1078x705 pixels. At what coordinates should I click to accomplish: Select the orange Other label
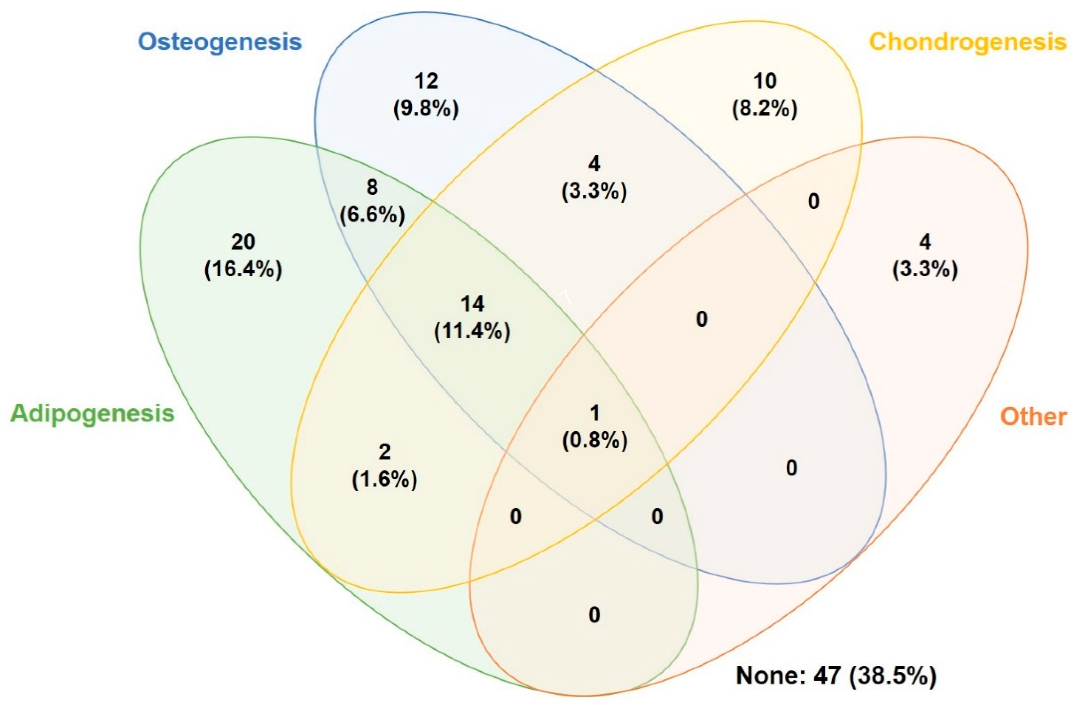click(x=1033, y=416)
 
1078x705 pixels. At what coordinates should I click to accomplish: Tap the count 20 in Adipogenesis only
click(x=243, y=242)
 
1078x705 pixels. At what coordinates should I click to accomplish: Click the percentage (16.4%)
click(x=243, y=270)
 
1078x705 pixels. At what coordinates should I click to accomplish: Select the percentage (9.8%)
click(x=426, y=109)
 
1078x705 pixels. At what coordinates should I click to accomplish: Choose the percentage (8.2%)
click(x=765, y=109)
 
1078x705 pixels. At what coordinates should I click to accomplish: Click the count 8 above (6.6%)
click(x=372, y=187)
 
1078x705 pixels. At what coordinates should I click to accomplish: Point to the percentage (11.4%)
click(x=472, y=332)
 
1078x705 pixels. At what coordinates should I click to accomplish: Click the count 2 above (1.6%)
click(x=384, y=452)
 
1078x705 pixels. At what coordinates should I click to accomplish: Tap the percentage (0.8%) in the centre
click(x=595, y=440)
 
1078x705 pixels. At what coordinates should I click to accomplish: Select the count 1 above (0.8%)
click(x=595, y=413)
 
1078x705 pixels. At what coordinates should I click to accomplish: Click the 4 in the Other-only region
click(x=925, y=242)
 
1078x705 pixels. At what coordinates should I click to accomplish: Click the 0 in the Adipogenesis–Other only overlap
click(x=594, y=615)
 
